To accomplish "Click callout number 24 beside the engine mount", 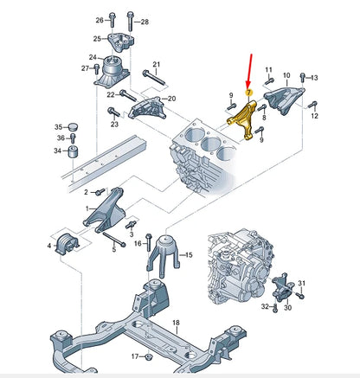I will [93, 58].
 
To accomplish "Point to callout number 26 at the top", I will [100, 19].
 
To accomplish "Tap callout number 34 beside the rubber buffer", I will [58, 151].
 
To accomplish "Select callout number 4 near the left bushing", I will [49, 247].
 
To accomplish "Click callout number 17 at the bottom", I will [134, 356].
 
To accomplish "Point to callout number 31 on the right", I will [302, 284].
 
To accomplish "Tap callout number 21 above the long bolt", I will [156, 65].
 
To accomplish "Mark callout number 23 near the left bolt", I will [114, 124].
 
